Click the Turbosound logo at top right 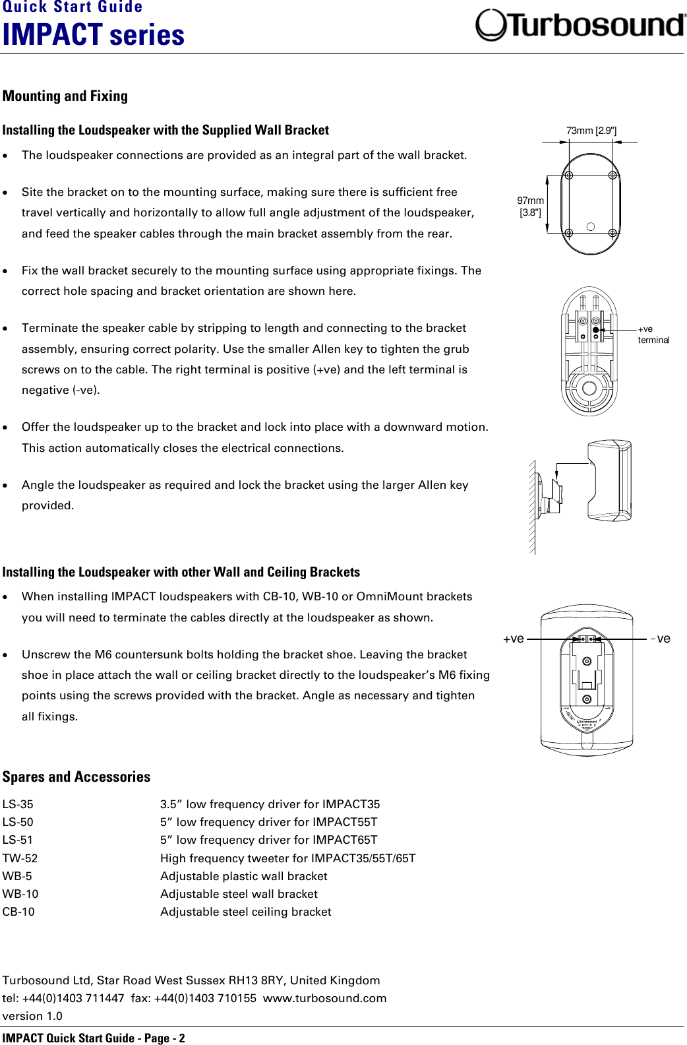580,25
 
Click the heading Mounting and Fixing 65,96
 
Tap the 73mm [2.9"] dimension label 591,131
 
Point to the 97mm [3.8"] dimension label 530,206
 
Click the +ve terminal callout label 653,334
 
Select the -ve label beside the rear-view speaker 661,639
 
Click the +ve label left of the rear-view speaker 514,639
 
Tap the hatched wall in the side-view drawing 531,508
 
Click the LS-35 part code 18,804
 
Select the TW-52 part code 20,858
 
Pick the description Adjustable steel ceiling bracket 245,912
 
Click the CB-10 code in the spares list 18,912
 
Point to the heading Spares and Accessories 76,777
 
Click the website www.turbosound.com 324,998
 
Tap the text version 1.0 32,1016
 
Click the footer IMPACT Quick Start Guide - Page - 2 94,1038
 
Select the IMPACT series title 94,35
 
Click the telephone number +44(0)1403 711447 73,998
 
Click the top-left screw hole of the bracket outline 568,175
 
